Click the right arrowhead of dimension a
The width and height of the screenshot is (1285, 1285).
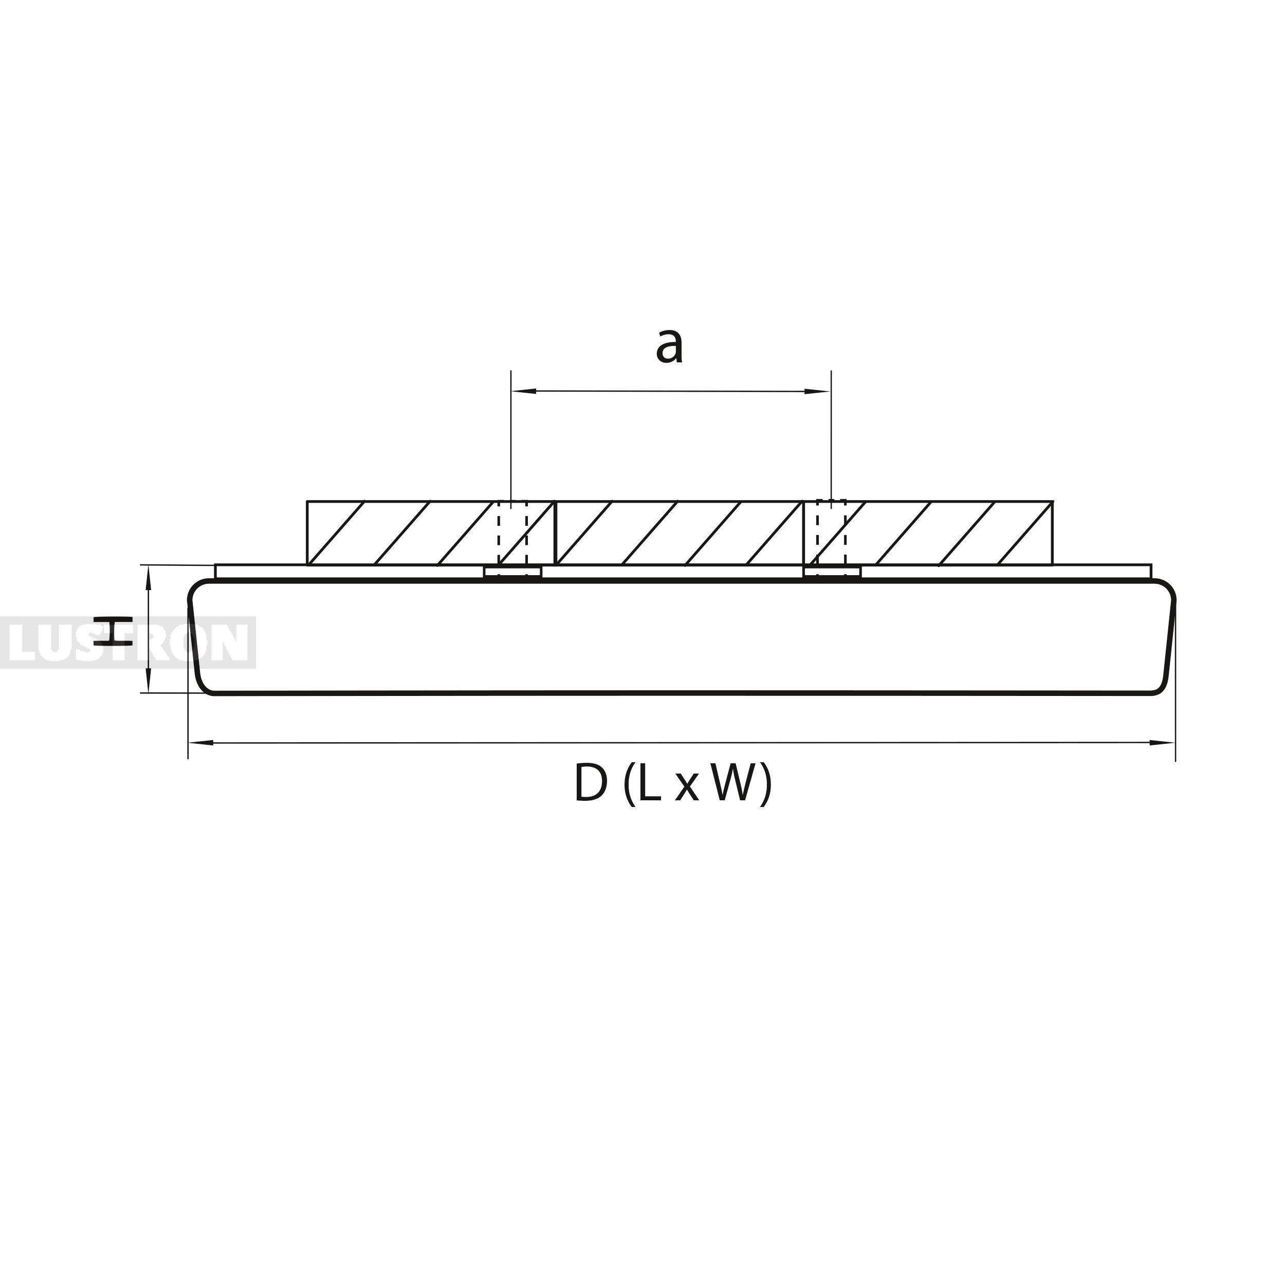tap(818, 391)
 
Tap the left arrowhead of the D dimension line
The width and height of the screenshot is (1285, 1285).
tap(201, 742)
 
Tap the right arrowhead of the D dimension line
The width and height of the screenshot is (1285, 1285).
tap(1163, 742)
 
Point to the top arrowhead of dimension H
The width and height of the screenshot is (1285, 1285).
tap(149, 579)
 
